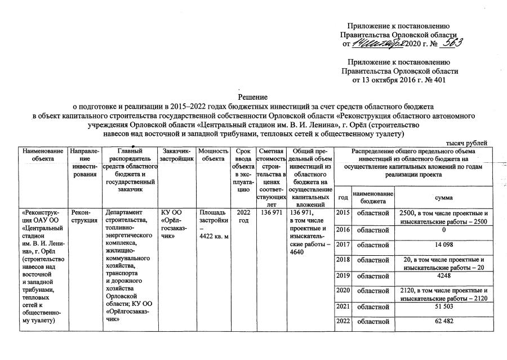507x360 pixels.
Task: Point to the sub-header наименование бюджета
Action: (x=372, y=198)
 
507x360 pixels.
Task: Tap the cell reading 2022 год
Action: (x=243, y=216)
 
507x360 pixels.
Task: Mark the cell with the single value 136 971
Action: (x=270, y=212)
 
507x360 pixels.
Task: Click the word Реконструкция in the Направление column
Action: (x=82, y=216)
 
